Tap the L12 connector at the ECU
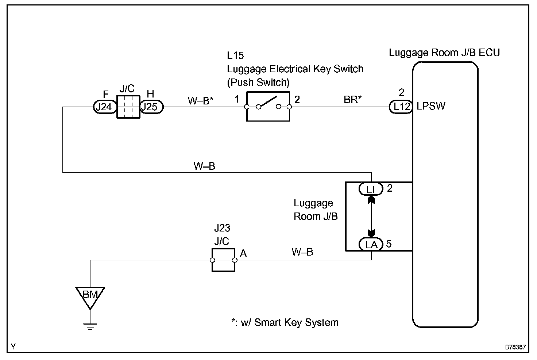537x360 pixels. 401,107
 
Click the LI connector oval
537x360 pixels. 371,189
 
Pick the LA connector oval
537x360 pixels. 371,244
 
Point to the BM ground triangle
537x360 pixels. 90,296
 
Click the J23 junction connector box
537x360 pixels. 223,260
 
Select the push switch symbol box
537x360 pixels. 268,107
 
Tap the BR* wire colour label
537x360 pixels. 352,100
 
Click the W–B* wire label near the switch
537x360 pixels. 200,100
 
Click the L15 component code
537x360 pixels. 235,55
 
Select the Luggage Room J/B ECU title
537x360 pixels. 444,53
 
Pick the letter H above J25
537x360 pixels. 150,94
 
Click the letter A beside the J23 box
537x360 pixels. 243,253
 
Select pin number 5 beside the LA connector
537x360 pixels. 389,244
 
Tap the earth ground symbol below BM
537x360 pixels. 90,326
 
